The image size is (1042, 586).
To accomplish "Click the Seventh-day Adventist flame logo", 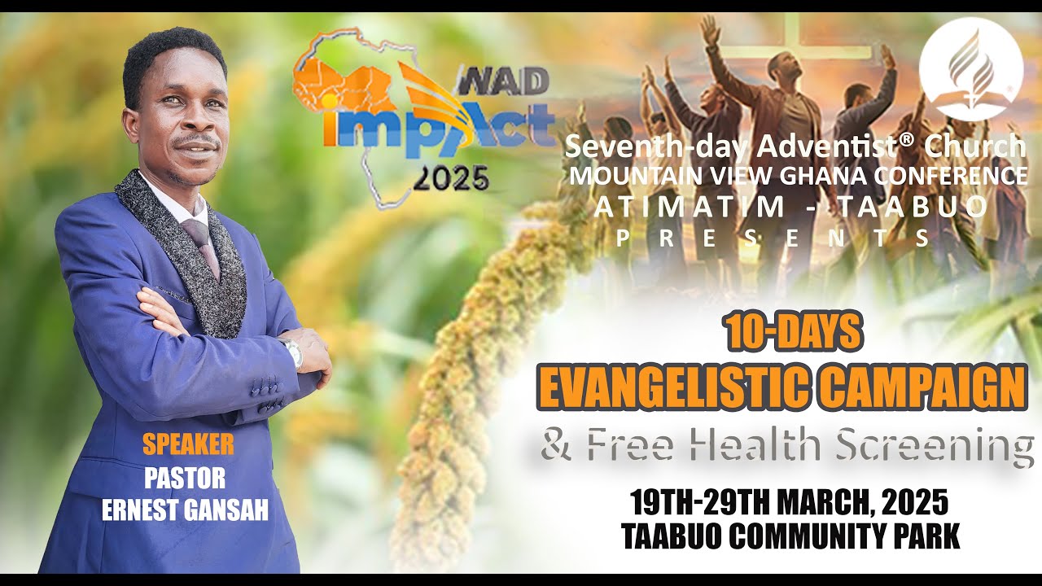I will click(970, 68).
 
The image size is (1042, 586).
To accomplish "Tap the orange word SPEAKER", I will click(188, 444).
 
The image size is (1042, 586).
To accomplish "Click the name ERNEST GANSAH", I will click(186, 510).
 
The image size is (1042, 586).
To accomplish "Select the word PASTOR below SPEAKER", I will click(185, 478).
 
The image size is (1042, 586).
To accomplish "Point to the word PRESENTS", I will click(773, 238).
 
